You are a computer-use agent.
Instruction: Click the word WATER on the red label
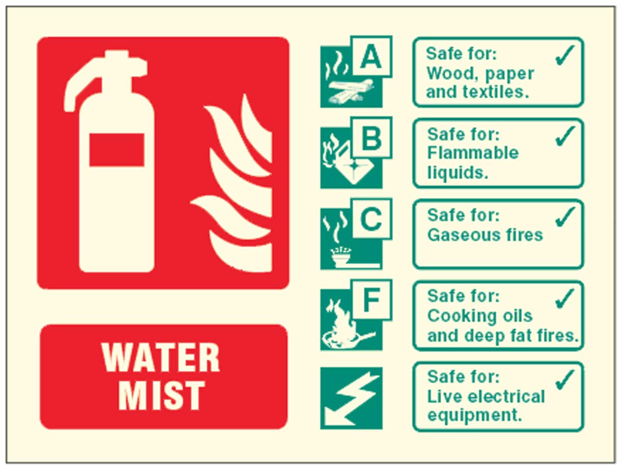pyautogui.click(x=161, y=357)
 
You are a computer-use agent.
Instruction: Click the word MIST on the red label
pyautogui.click(x=161, y=395)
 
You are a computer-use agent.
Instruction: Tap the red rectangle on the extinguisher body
pyautogui.click(x=117, y=150)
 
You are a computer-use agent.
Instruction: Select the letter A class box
pyautogui.click(x=371, y=56)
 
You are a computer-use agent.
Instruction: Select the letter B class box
pyautogui.click(x=371, y=138)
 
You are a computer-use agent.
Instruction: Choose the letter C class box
pyautogui.click(x=371, y=219)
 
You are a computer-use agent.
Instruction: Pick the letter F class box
pyautogui.click(x=371, y=300)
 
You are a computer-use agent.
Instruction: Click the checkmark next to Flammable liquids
pyautogui.click(x=565, y=136)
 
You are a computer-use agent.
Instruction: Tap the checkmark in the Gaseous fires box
pyautogui.click(x=565, y=216)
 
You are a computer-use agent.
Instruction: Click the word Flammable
pyautogui.click(x=473, y=153)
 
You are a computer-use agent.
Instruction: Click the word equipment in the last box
pyautogui.click(x=474, y=416)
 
